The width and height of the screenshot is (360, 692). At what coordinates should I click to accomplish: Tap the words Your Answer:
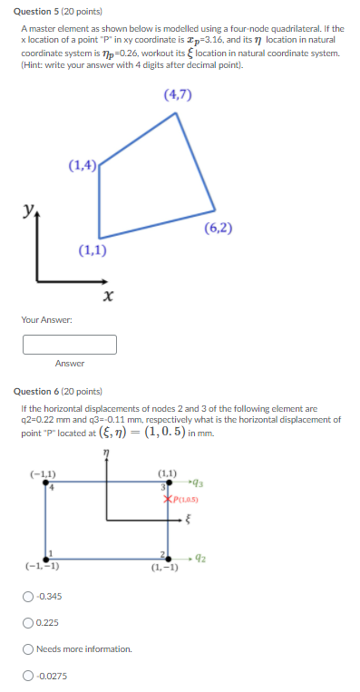[x=48, y=319]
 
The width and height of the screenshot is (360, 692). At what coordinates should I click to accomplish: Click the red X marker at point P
[x=168, y=498]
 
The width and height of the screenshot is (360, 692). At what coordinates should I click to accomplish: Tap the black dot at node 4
[x=50, y=482]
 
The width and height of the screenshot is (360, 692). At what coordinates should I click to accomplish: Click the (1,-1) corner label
[x=164, y=570]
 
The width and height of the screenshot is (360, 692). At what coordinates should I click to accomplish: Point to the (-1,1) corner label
[x=43, y=473]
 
